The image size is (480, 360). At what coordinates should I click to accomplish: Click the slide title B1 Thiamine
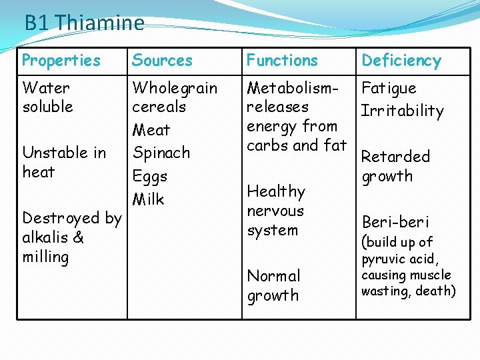pos(84,23)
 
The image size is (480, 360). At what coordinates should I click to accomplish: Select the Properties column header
pos(61,61)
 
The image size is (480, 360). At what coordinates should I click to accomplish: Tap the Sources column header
pos(162,61)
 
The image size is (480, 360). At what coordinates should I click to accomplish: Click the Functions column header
pos(283,61)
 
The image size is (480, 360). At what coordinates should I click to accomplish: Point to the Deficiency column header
pos(401,61)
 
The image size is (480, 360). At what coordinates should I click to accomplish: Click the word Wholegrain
pos(175,88)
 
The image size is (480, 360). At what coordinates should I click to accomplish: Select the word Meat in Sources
pos(151,130)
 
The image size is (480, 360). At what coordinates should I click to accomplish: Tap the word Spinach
pos(161,153)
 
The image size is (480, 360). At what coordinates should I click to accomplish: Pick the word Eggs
pos(149,177)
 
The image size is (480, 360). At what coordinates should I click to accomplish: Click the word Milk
pos(148,199)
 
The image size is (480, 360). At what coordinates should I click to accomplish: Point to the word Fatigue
pos(389,88)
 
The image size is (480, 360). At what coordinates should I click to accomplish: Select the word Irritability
pos(402,111)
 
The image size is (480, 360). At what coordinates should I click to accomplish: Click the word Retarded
pos(395,157)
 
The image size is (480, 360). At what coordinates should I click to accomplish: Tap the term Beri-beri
pos(395,222)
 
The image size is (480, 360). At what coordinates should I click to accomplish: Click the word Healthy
pos(276,192)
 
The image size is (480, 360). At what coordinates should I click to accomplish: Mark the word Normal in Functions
pos(273,276)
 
